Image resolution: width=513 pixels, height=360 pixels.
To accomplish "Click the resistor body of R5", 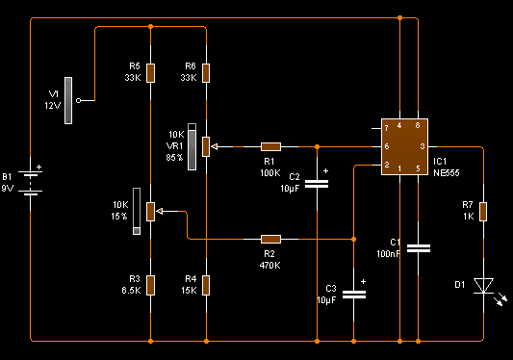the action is click(150, 73).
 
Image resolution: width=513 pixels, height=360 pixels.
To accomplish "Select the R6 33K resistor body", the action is click(206, 73).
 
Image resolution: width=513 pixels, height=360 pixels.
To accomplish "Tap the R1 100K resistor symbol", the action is click(270, 146).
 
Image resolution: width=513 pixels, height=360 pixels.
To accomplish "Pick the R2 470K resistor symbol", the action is click(270, 240).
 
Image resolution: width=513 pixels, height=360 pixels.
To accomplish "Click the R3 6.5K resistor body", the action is click(150, 285).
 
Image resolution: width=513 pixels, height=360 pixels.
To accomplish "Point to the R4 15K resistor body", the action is click(206, 285).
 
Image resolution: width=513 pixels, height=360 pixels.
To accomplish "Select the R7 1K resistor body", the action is click(483, 212).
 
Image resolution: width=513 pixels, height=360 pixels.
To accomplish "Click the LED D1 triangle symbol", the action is click(483, 286).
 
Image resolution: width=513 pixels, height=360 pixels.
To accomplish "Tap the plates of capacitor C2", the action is click(317, 184).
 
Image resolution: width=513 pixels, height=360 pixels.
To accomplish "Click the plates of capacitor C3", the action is click(354, 295).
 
